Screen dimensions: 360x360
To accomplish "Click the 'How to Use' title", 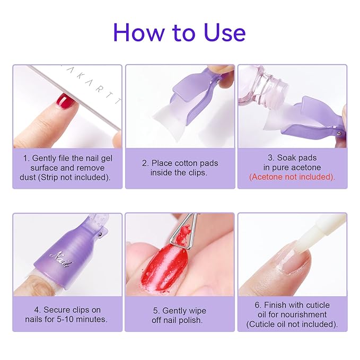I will pos(179,32).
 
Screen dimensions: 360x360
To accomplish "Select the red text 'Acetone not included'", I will pos(292,177).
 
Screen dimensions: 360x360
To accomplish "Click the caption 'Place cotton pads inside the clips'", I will pos(180,168).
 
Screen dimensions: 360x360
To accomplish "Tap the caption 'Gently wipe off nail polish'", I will pos(180,315).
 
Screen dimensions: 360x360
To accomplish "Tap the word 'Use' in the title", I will pos(222,32).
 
